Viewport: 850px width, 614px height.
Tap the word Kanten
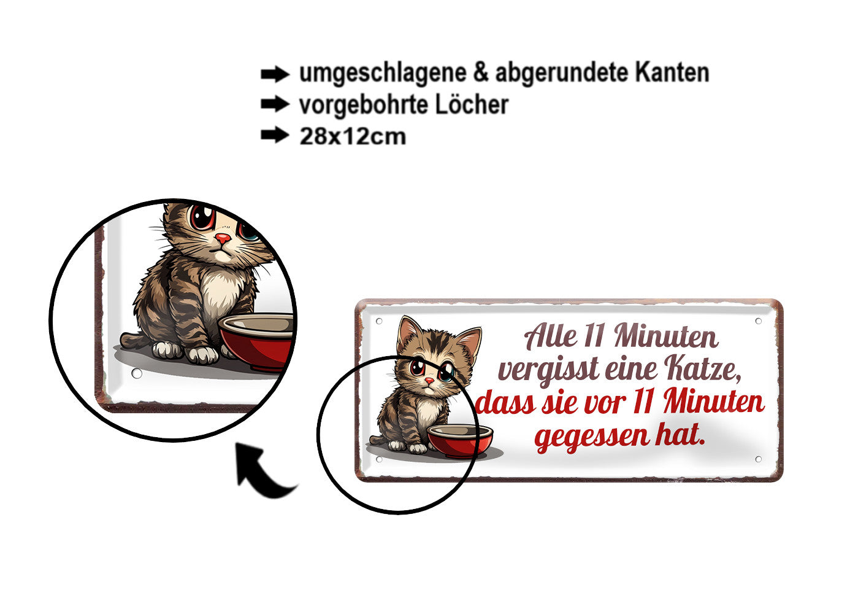[672, 72]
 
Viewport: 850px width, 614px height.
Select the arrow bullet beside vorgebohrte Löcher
[274, 104]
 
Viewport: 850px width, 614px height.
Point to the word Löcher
[472, 104]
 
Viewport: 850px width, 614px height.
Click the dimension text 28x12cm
[353, 136]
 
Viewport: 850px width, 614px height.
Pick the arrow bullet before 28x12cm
[274, 135]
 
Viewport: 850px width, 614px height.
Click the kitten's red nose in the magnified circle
[223, 238]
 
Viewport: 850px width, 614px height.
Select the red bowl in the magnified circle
[258, 341]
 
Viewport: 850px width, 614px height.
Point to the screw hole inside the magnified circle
[137, 373]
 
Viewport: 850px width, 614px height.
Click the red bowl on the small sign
[460, 440]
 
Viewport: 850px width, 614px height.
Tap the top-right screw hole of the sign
[758, 321]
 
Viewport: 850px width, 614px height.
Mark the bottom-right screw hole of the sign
[758, 459]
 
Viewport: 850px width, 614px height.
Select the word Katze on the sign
[702, 368]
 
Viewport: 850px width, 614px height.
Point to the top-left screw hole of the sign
[379, 321]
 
